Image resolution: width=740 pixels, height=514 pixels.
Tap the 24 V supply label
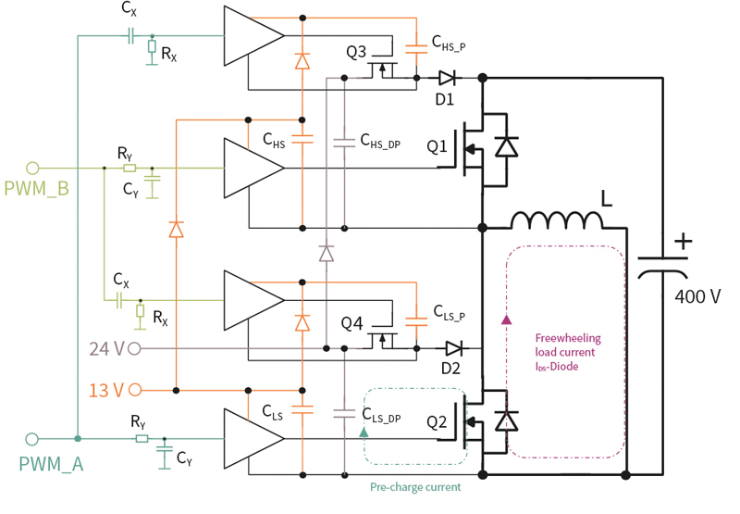106,349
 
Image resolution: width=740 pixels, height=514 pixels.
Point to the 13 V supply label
105,390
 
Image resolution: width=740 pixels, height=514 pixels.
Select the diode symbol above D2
452,348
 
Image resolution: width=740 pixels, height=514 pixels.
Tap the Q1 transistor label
438,146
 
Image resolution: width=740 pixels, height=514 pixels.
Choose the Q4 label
356,323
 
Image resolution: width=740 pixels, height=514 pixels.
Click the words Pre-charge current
414,486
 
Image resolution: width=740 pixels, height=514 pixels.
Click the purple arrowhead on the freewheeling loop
506,320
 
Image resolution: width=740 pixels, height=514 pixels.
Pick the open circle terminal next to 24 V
135,349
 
